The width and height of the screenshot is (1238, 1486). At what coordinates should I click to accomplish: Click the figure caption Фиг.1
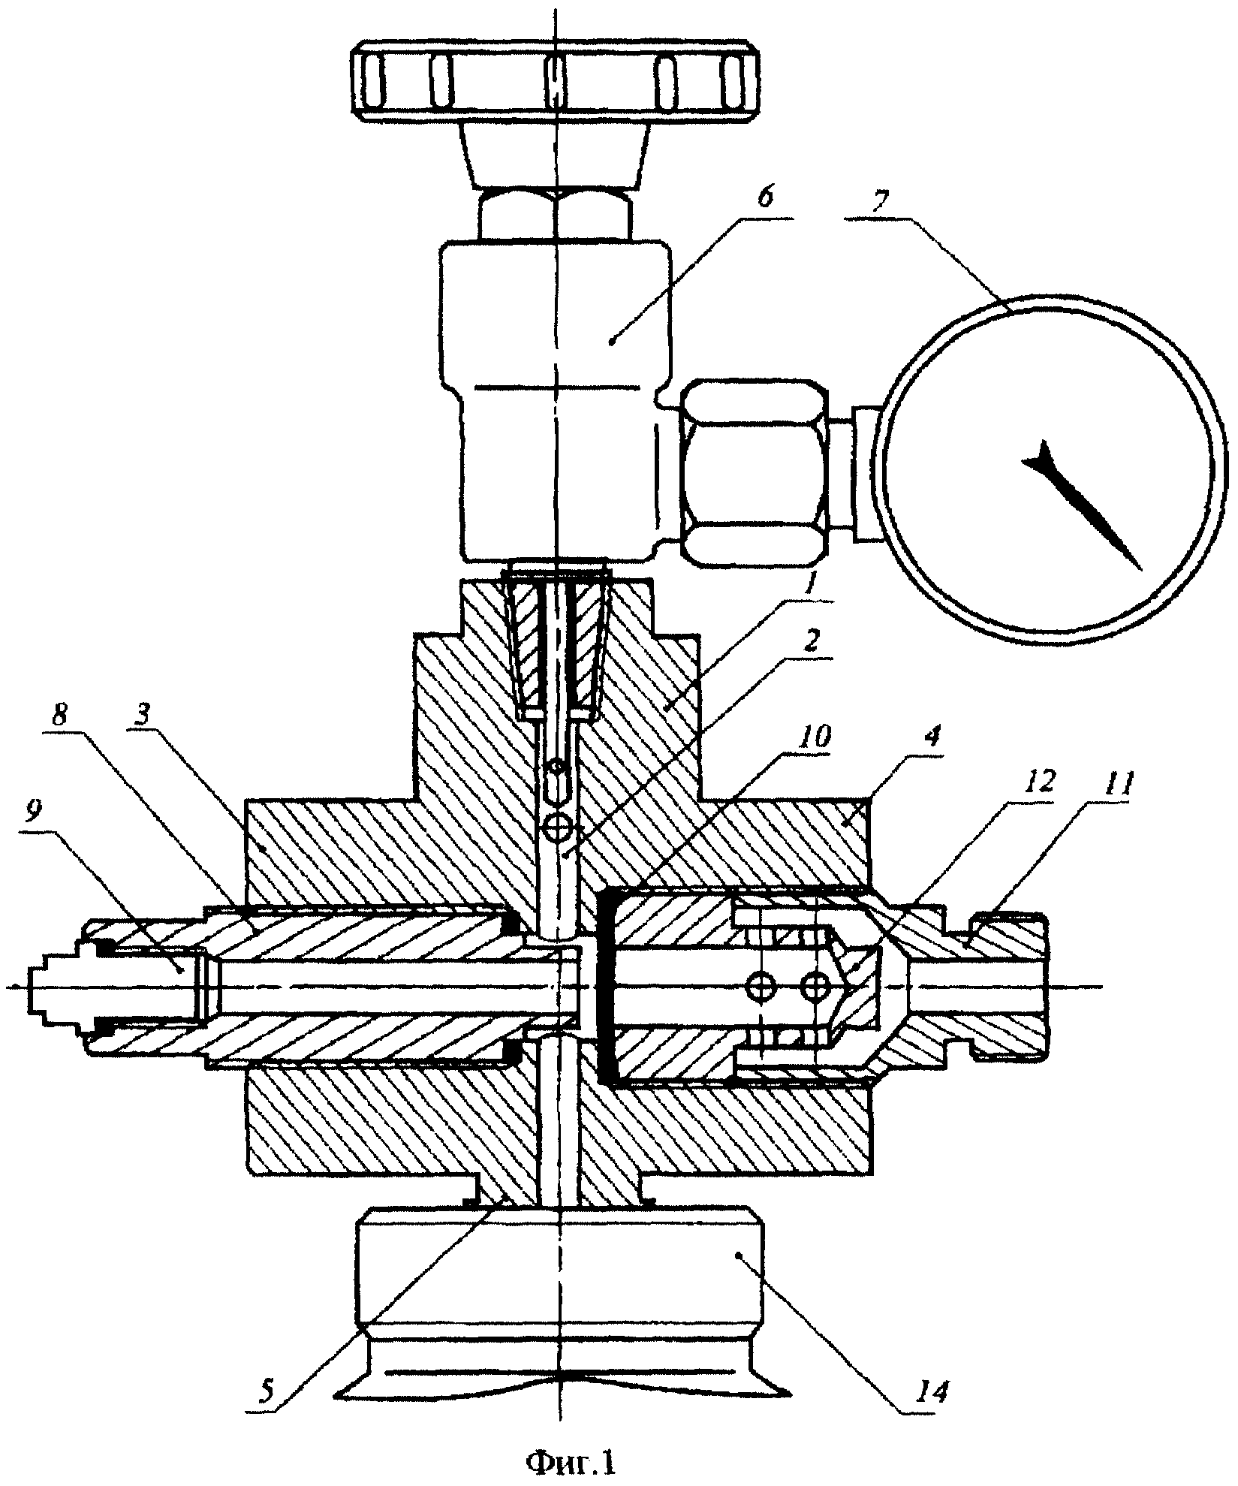pyautogui.click(x=571, y=1461)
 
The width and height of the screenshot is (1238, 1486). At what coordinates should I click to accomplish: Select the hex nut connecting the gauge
pyautogui.click(x=755, y=472)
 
